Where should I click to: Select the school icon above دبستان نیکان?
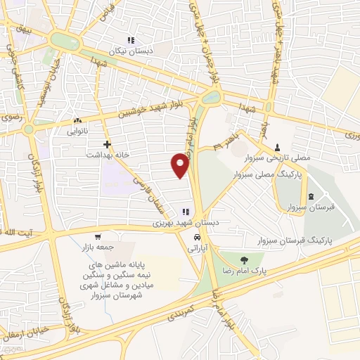click(129, 40)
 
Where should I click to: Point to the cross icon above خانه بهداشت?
click(107, 143)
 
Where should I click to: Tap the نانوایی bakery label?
click(77, 131)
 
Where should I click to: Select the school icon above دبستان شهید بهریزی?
click(186, 211)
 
